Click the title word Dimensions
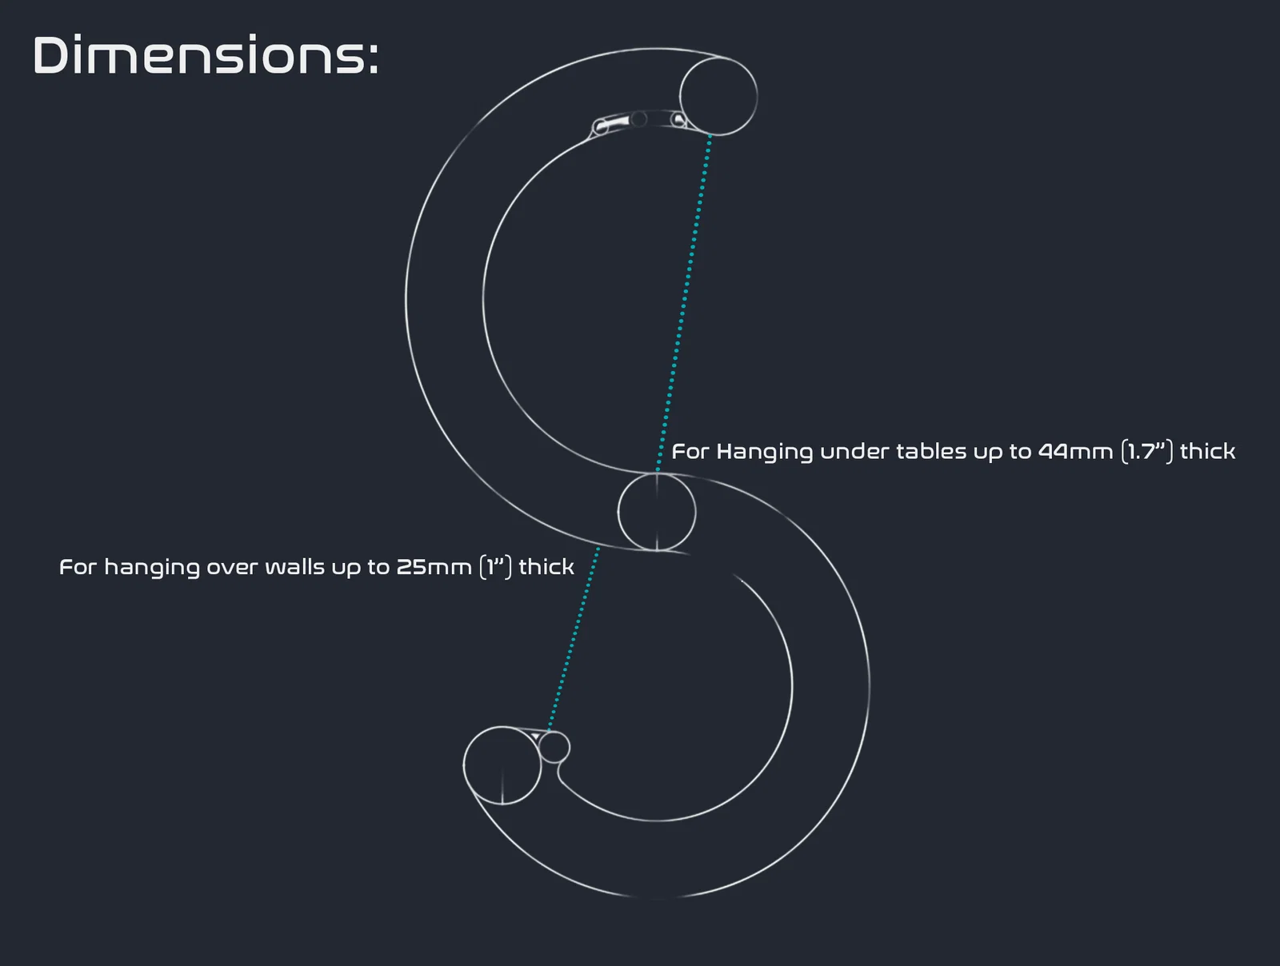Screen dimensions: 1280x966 point(206,55)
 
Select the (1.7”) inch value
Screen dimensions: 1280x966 point(1147,451)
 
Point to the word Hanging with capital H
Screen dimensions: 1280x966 point(764,452)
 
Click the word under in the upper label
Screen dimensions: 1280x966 point(854,452)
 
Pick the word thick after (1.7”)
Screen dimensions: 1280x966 point(1207,451)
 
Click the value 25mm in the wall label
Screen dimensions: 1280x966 point(434,567)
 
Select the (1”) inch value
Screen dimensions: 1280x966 point(495,567)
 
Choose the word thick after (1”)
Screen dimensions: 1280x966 point(546,567)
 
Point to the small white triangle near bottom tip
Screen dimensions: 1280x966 point(535,737)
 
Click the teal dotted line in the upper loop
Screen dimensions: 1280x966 point(683,303)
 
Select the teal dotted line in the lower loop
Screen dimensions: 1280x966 point(574,639)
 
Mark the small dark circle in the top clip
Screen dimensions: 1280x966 point(639,119)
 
